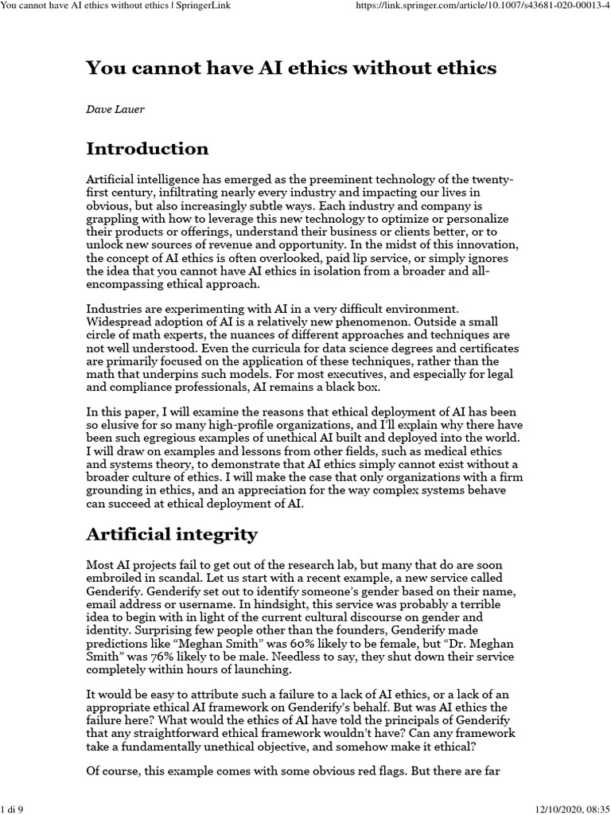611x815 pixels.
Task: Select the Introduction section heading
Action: coord(147,149)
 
